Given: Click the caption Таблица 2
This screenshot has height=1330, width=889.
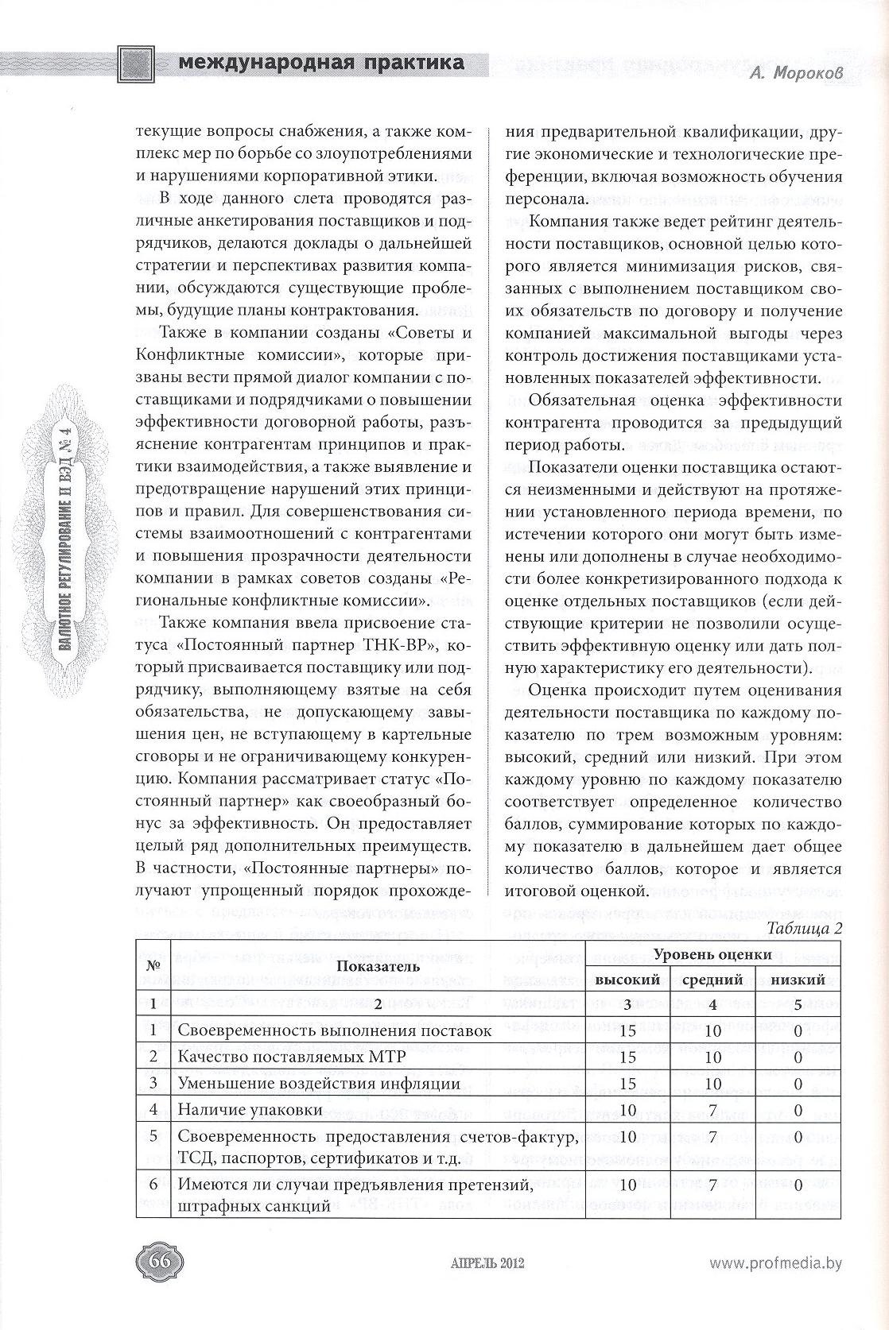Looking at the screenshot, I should coord(804,928).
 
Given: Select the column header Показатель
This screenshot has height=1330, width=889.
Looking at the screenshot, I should coord(378,967).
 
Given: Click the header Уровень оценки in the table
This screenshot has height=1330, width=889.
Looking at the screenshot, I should coord(712,954).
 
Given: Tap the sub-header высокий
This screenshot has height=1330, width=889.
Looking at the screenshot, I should coord(628,980).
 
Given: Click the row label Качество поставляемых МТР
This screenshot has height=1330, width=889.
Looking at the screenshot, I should coord(292,1057).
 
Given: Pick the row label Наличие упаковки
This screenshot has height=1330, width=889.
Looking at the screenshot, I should coord(250,1110).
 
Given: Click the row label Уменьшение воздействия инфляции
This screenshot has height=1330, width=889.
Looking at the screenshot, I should coord(319,1084).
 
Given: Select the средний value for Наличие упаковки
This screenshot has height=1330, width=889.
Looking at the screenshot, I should coord(712,1110).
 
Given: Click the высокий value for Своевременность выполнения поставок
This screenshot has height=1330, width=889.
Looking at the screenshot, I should coord(628,1031).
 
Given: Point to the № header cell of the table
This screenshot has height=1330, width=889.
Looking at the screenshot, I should coord(153,967).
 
